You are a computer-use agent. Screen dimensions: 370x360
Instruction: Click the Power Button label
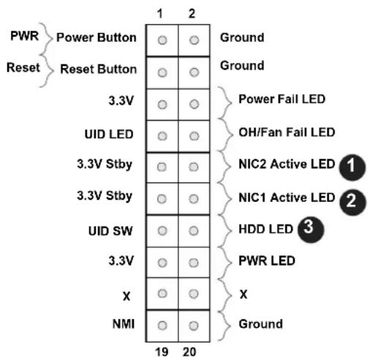[x=97, y=37]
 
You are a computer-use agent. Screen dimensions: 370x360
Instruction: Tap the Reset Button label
[x=98, y=69]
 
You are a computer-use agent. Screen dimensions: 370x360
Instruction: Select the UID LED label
[x=109, y=134]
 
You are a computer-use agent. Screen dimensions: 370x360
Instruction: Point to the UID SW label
[x=110, y=231]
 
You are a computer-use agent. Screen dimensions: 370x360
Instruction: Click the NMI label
[x=124, y=324]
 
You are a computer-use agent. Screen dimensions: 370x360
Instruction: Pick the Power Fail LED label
[x=282, y=99]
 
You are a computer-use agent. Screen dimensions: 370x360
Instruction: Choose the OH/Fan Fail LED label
[x=287, y=132]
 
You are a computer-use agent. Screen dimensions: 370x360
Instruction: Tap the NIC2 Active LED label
[x=287, y=164]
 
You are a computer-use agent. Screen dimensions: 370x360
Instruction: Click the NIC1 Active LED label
[x=287, y=198]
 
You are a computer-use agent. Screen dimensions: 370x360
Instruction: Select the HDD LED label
[x=265, y=229]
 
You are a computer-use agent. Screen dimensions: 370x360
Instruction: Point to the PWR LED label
[x=267, y=260]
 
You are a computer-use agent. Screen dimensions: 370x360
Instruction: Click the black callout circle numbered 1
[x=352, y=167]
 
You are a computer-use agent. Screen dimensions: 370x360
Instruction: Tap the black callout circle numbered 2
[x=352, y=202]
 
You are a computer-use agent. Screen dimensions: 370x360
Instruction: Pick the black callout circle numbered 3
[x=311, y=229]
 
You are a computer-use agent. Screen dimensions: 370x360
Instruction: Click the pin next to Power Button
[x=162, y=40]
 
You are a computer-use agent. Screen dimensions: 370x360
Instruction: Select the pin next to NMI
[x=162, y=326]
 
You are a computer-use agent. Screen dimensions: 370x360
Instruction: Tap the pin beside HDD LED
[x=194, y=230]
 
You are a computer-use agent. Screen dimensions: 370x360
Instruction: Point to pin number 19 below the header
[x=162, y=352]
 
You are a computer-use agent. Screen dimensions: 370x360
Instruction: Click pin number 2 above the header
[x=192, y=13]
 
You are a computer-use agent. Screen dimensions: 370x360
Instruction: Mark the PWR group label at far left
[x=24, y=36]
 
